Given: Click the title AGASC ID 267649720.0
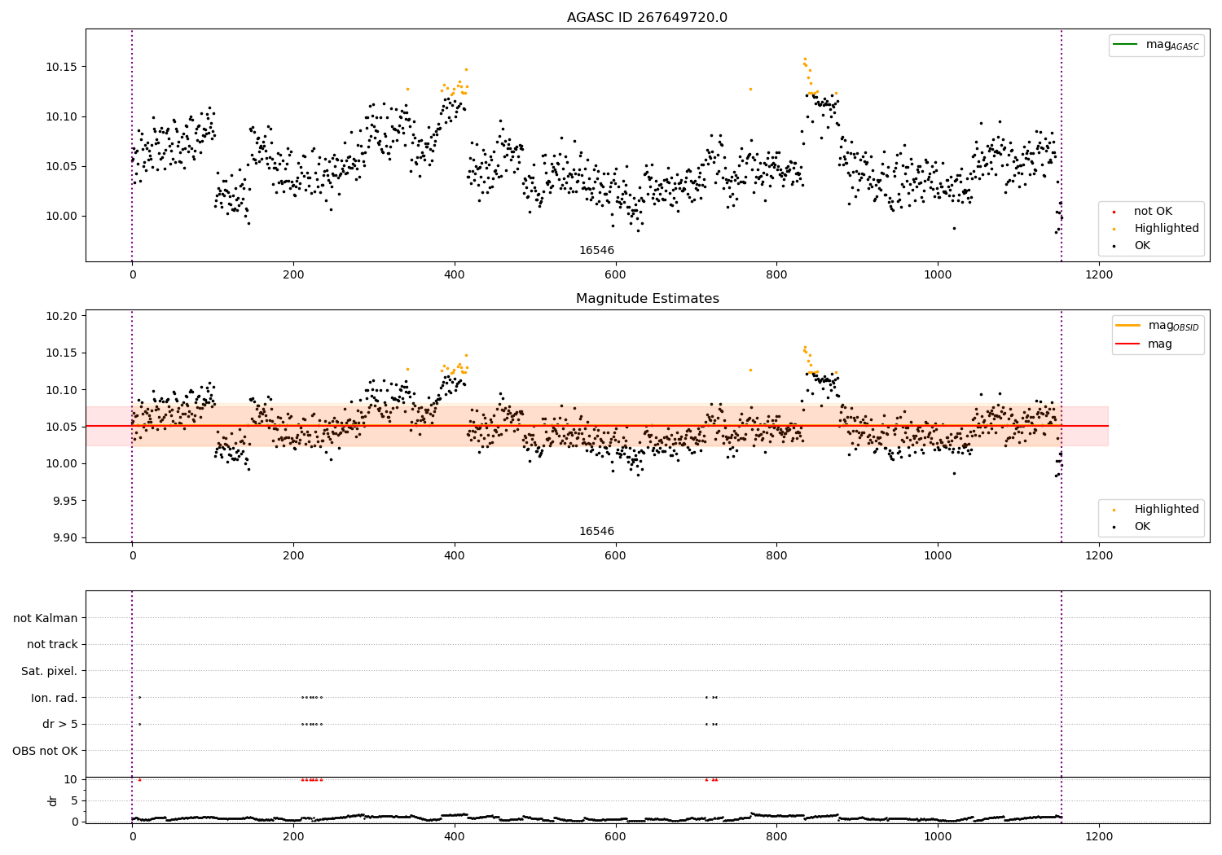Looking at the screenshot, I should click(x=647, y=18).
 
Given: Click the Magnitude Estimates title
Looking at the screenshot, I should click(x=647, y=299).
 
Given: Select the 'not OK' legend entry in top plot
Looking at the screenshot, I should click(x=1153, y=212).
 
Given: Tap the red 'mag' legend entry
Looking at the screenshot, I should click(x=1159, y=344).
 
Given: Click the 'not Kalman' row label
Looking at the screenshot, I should click(x=46, y=618).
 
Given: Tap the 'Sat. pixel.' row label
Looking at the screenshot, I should click(x=49, y=671).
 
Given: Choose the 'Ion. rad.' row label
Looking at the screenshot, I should click(x=54, y=698).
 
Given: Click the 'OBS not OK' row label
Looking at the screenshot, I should click(x=45, y=751).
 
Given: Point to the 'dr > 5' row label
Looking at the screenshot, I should click(x=59, y=724).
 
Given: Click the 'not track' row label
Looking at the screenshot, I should click(x=52, y=644).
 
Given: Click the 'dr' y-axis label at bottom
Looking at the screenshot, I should click(x=53, y=800).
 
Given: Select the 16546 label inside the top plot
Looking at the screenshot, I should click(x=596, y=251).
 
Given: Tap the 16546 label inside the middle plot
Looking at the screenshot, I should click(x=596, y=532).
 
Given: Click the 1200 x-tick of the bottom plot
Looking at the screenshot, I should click(x=1099, y=836).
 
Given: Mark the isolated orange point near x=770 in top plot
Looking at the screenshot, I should click(x=750, y=89).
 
